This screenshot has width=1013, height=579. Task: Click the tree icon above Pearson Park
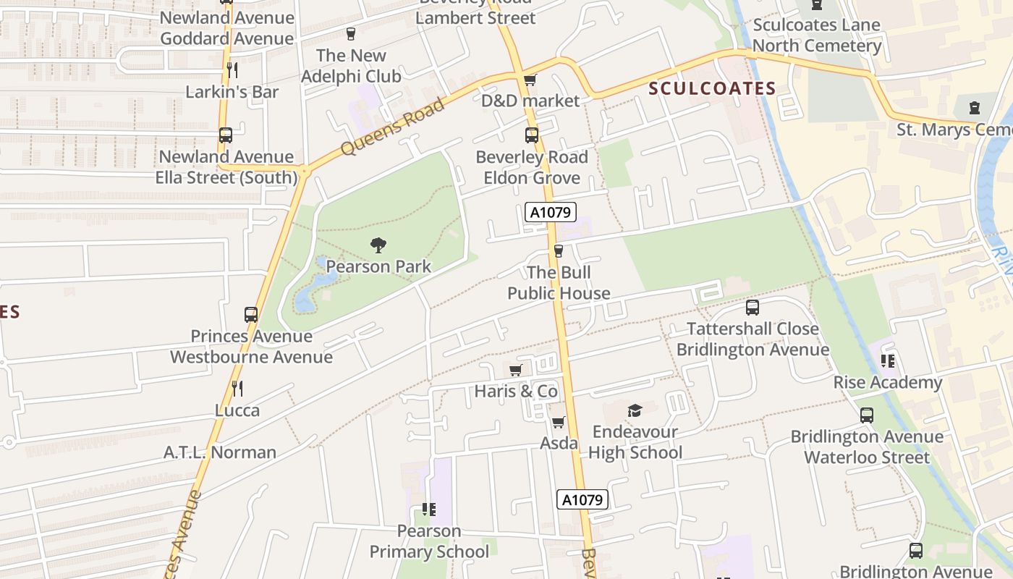coord(378,245)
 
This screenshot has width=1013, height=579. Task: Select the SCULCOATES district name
coord(712,88)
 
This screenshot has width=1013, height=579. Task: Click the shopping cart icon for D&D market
coord(530,80)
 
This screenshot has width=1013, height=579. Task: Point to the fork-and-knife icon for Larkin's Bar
coord(232,70)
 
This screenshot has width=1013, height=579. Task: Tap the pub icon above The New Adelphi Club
coord(351,33)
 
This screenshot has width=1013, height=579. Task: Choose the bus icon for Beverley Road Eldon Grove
coord(532,135)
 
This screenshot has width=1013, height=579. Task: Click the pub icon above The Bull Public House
coord(558,251)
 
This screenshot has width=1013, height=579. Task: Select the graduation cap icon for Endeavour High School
coord(635,410)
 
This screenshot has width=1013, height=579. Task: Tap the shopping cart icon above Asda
coord(558,422)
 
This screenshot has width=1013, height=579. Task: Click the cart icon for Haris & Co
coord(516,371)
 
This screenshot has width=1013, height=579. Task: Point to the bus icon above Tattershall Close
coord(753,307)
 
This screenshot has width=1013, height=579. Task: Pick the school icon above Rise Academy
coord(888,360)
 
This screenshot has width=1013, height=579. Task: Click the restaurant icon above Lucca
coord(237,389)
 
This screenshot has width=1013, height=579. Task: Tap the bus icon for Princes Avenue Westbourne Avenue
coord(251,315)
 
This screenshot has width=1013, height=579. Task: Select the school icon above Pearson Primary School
coord(429,510)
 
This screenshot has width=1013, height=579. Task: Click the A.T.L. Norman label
coord(220,452)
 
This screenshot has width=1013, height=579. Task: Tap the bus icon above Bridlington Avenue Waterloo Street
coord(867,415)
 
